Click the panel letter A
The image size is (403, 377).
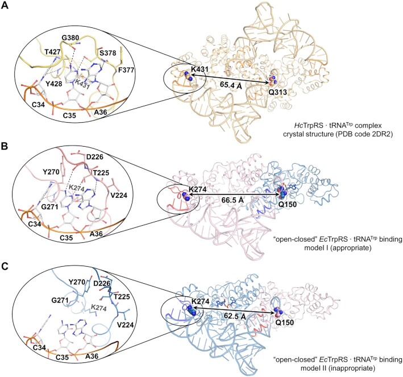[x=6, y=6]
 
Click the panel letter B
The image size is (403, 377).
[x=6, y=130]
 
